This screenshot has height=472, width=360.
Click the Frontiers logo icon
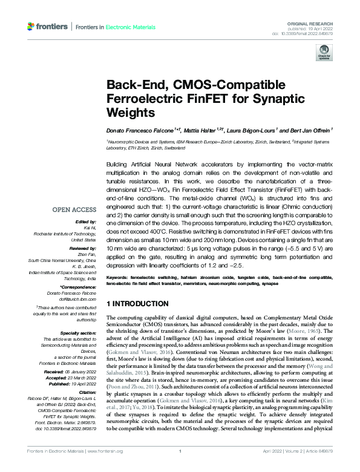pos(31,27)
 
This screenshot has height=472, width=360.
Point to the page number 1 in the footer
pos(180,468)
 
